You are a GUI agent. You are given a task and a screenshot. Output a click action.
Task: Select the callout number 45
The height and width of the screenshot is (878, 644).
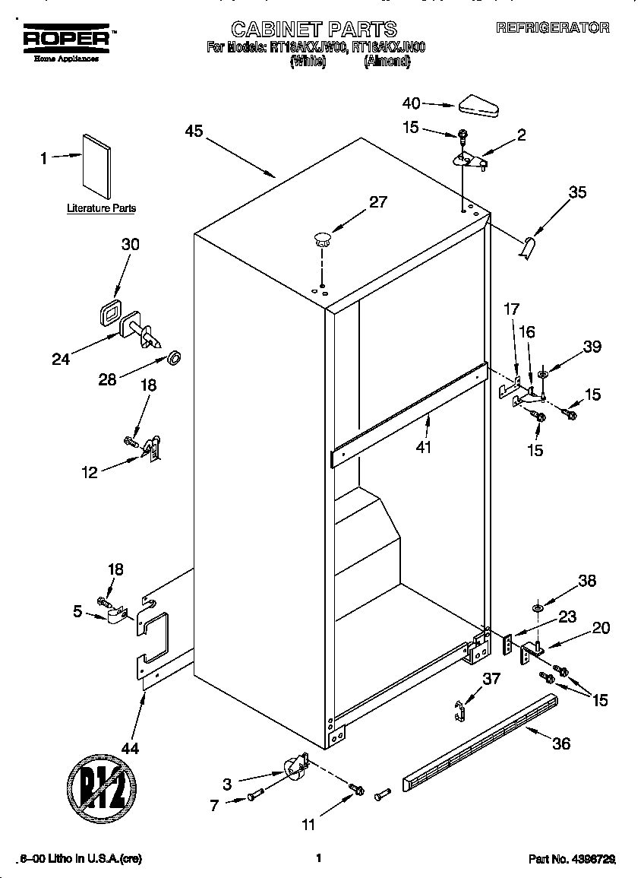pyautogui.click(x=194, y=132)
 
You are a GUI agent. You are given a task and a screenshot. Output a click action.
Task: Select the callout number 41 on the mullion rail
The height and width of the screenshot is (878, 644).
pyautogui.click(x=423, y=448)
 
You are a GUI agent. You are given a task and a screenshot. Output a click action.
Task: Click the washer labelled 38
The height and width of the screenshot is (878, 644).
pyautogui.click(x=538, y=607)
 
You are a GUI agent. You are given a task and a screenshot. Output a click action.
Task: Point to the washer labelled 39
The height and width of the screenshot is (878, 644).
pyautogui.click(x=544, y=373)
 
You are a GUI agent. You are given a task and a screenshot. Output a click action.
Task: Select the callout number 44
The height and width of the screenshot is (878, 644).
pyautogui.click(x=130, y=748)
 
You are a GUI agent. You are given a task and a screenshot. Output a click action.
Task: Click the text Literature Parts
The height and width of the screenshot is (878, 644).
pyautogui.click(x=102, y=208)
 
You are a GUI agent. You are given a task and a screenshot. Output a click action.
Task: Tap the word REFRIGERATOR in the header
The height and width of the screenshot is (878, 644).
pyautogui.click(x=552, y=28)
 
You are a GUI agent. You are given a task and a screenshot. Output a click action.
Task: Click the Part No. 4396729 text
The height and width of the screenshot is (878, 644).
pyautogui.click(x=571, y=859)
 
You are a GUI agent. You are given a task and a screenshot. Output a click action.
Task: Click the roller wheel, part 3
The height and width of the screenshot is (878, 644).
pyautogui.click(x=294, y=770)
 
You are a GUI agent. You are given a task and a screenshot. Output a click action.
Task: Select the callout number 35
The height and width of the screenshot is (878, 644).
pyautogui.click(x=577, y=192)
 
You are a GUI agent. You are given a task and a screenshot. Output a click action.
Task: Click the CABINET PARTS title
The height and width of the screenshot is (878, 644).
pyautogui.click(x=314, y=30)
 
